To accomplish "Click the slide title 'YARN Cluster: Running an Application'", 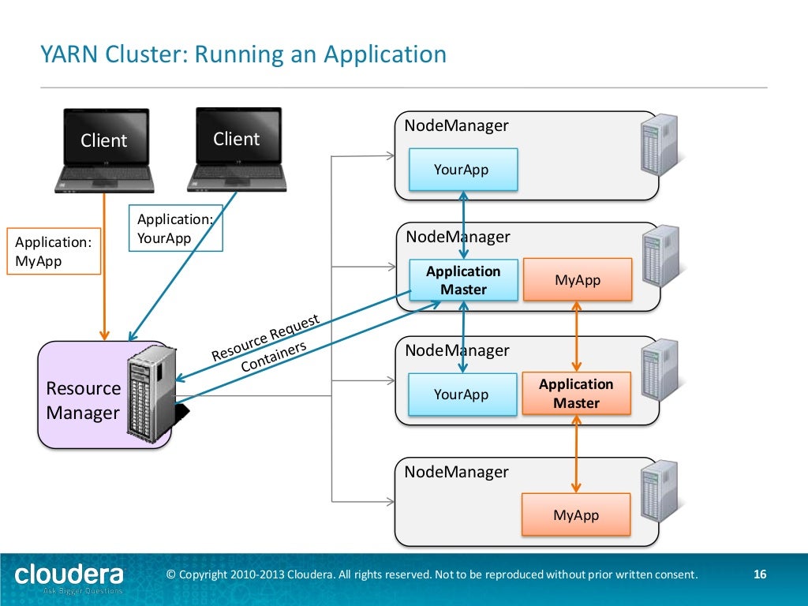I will click(243, 55).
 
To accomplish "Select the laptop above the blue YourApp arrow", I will click(236, 148).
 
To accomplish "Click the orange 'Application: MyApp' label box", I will click(54, 251).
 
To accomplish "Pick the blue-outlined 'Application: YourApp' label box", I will click(175, 229).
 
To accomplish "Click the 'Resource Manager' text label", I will click(83, 400).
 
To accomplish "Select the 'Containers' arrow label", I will click(273, 357).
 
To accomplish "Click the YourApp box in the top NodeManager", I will click(462, 170).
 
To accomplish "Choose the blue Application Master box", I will click(463, 280).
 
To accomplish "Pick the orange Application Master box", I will click(576, 394).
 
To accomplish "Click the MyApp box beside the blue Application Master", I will click(578, 280).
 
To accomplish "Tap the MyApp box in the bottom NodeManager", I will click(576, 514).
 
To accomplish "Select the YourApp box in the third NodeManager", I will click(462, 395).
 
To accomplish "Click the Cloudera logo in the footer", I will click(69, 575).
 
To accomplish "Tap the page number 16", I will click(761, 574).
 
